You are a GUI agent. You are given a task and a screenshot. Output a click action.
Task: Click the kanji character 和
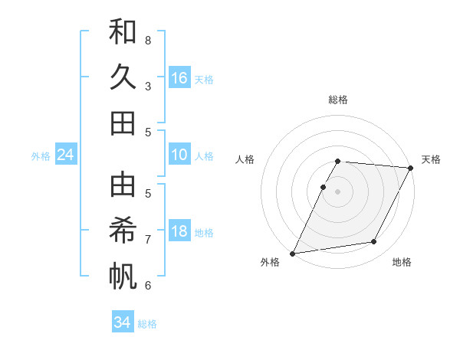pyautogui.click(x=123, y=33)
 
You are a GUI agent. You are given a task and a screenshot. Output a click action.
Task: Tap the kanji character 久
pyautogui.click(x=123, y=77)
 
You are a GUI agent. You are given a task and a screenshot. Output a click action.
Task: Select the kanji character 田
pyautogui.click(x=123, y=123)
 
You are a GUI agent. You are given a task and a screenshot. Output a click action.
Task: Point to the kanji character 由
pyautogui.click(x=123, y=185)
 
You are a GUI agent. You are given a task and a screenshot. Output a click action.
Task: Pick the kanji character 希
pyautogui.click(x=123, y=231)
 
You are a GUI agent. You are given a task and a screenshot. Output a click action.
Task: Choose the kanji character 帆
pyautogui.click(x=123, y=276)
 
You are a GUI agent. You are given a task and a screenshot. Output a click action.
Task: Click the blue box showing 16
pyautogui.click(x=179, y=78)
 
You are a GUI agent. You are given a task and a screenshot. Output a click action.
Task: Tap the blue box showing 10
pyautogui.click(x=179, y=155)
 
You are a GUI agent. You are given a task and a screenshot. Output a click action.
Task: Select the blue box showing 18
pyautogui.click(x=179, y=232)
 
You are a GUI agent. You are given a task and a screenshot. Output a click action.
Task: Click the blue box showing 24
pyautogui.click(x=65, y=155)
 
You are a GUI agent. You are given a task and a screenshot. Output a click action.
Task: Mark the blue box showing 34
pyautogui.click(x=123, y=322)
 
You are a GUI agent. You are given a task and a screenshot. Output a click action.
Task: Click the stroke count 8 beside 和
pyautogui.click(x=148, y=40)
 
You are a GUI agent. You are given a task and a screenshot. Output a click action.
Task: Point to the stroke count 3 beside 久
pyautogui.click(x=148, y=86)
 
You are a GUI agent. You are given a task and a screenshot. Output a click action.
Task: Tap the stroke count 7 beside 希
pyautogui.click(x=148, y=239)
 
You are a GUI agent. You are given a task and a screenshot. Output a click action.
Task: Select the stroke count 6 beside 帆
pyautogui.click(x=148, y=285)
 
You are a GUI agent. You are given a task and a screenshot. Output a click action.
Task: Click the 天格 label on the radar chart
pyautogui.click(x=431, y=159)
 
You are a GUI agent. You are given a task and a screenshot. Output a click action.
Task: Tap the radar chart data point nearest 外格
pyautogui.click(x=292, y=254)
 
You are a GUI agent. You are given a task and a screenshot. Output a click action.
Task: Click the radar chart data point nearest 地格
pyautogui.click(x=374, y=242)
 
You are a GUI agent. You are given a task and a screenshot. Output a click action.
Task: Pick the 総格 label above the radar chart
pyautogui.click(x=338, y=100)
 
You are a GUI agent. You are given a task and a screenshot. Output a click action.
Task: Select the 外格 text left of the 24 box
pyautogui.click(x=41, y=156)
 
